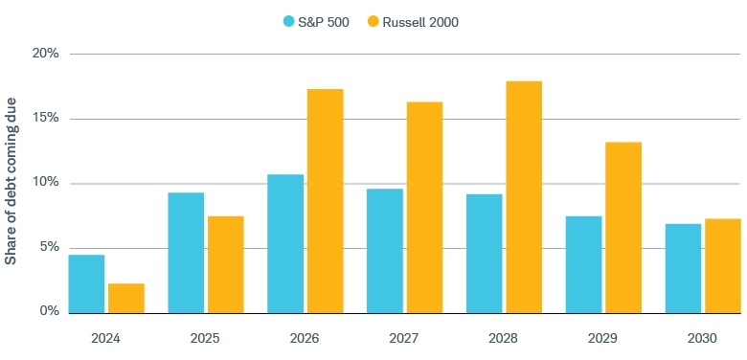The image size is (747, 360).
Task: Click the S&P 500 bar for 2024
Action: pos(86,283)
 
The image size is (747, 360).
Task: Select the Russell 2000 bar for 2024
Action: pos(126,298)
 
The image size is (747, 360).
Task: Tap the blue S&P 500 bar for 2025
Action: pos(186,253)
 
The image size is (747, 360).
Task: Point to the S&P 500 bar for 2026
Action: pos(285,243)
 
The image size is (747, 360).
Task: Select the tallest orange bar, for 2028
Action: pos(524,197)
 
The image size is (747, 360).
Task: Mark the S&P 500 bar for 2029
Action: pos(584,264)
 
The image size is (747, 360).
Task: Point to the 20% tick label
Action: pos(45,54)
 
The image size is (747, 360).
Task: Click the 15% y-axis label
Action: pos(45,119)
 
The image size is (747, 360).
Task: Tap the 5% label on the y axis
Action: pos(48,247)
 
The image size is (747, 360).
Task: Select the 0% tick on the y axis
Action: pos(48,312)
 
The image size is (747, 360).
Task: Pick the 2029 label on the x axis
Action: pos(603,338)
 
